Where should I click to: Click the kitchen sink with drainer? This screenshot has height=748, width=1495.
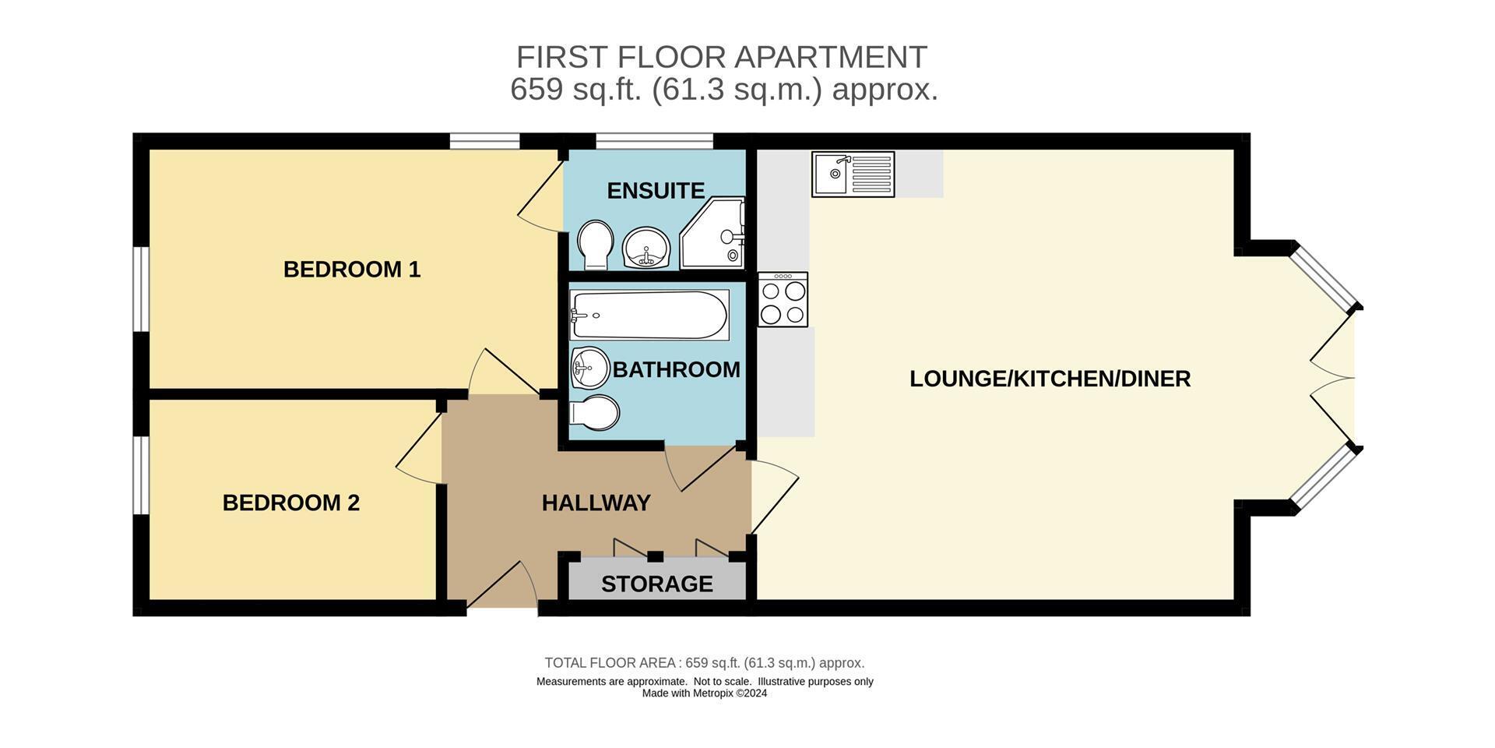point(853,174)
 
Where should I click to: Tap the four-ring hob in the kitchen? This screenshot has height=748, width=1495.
point(783,299)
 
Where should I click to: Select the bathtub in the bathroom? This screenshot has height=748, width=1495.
point(649,315)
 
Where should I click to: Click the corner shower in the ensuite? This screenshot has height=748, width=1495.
point(712,233)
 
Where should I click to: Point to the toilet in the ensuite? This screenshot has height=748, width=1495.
point(595,245)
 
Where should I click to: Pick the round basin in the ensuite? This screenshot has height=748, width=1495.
point(646,247)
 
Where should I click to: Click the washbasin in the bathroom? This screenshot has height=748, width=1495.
point(589,368)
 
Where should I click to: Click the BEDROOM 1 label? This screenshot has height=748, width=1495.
point(352,270)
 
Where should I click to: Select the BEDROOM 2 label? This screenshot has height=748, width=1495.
point(291,503)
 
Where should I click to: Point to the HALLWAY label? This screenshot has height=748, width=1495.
point(596,503)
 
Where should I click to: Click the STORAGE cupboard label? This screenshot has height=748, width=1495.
point(657,584)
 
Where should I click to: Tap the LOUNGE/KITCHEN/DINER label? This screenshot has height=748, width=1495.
point(1050,379)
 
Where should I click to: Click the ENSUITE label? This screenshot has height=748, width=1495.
point(656,191)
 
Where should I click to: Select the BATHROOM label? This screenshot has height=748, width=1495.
point(677,369)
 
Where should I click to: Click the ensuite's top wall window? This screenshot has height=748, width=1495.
point(654,141)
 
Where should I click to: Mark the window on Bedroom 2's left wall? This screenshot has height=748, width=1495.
point(141,475)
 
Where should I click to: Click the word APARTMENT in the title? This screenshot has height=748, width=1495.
point(831,58)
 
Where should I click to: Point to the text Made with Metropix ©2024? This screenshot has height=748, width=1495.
point(705,693)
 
